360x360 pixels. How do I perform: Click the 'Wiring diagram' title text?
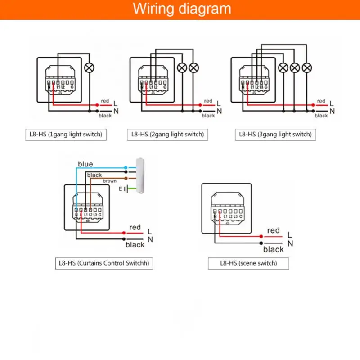click(x=182, y=9)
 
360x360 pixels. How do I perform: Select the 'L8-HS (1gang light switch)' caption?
click(x=66, y=134)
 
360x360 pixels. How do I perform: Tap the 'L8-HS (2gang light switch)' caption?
click(x=167, y=134)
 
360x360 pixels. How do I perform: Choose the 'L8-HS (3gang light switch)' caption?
click(x=275, y=134)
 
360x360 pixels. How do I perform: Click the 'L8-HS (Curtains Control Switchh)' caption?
click(x=104, y=263)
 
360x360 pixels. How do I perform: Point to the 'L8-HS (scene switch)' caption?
click(x=248, y=263)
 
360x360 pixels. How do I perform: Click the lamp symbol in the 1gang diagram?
click(x=90, y=67)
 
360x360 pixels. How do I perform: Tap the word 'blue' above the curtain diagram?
click(x=85, y=164)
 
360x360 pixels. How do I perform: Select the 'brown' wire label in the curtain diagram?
click(x=110, y=181)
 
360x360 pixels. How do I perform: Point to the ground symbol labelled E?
click(x=127, y=189)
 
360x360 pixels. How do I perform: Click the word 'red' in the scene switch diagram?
click(x=274, y=230)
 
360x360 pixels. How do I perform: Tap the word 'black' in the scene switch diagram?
click(x=274, y=249)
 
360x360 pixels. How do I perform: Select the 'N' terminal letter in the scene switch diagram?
click(x=290, y=243)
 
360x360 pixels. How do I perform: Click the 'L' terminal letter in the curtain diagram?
click(x=150, y=231)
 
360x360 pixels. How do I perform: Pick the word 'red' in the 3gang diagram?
click(x=321, y=101)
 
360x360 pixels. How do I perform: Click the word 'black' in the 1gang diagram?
click(x=105, y=116)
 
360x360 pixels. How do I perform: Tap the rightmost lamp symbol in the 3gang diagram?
click(x=307, y=67)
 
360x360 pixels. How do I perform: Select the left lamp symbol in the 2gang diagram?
click(x=182, y=67)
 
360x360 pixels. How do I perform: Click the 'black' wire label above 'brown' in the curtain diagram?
click(x=94, y=175)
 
